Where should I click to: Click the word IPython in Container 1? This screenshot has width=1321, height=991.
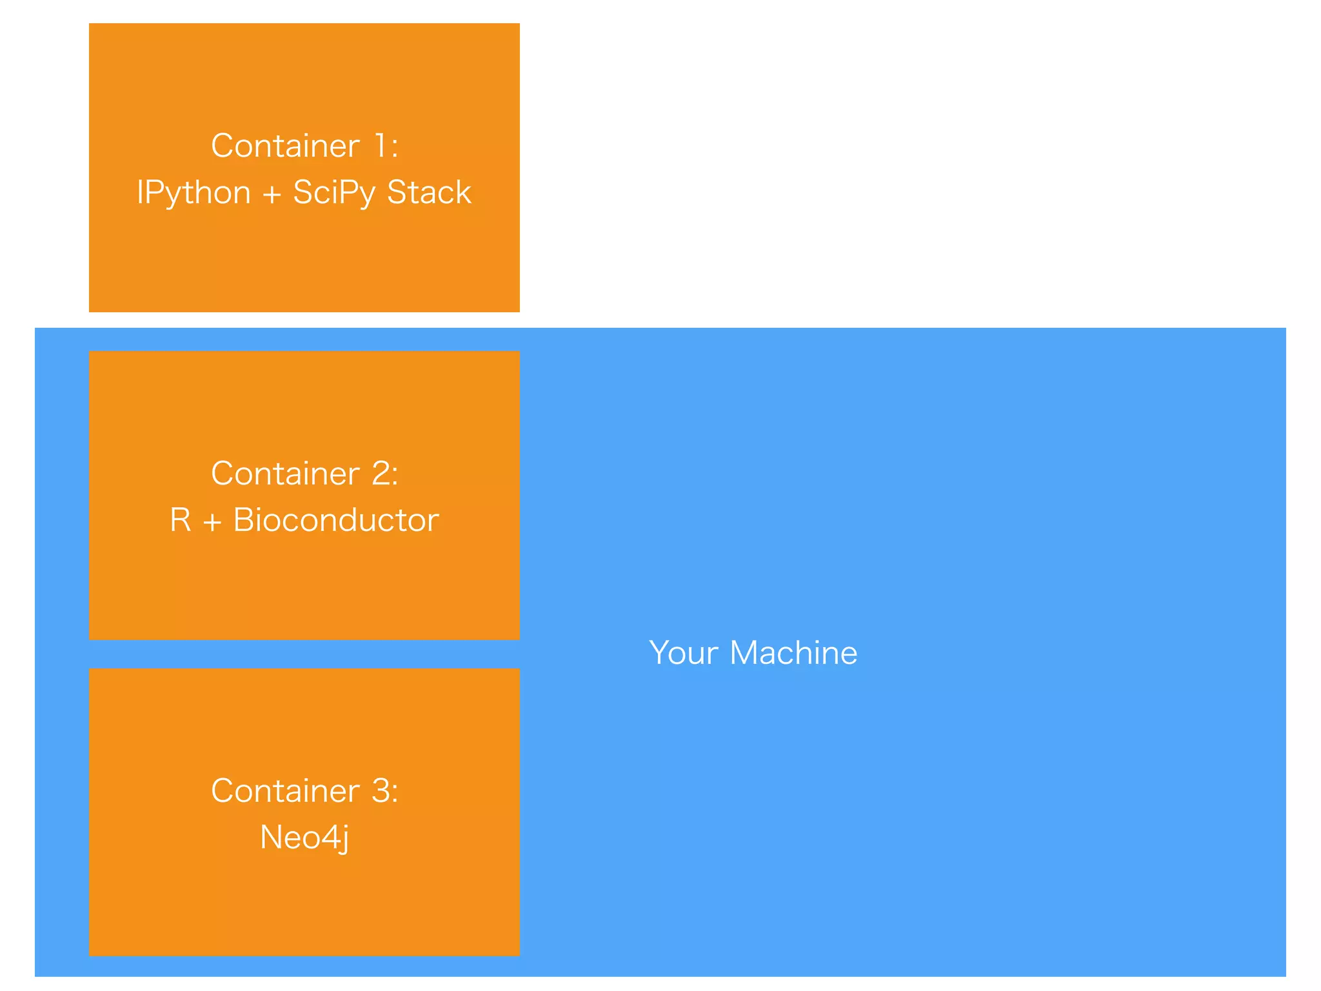point(194,193)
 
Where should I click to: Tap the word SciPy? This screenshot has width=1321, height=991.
point(333,193)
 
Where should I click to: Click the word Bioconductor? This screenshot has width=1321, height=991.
point(336,520)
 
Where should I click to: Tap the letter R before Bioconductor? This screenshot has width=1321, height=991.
point(181,520)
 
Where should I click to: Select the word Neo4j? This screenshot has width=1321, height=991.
point(304,837)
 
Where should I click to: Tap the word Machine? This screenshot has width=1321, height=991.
point(793,653)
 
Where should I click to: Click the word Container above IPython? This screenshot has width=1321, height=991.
point(285,146)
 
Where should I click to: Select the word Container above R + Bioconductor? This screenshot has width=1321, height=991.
point(285,474)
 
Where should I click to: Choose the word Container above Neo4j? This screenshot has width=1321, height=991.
point(285,791)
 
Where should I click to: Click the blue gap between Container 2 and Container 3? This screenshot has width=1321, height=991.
point(304,654)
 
